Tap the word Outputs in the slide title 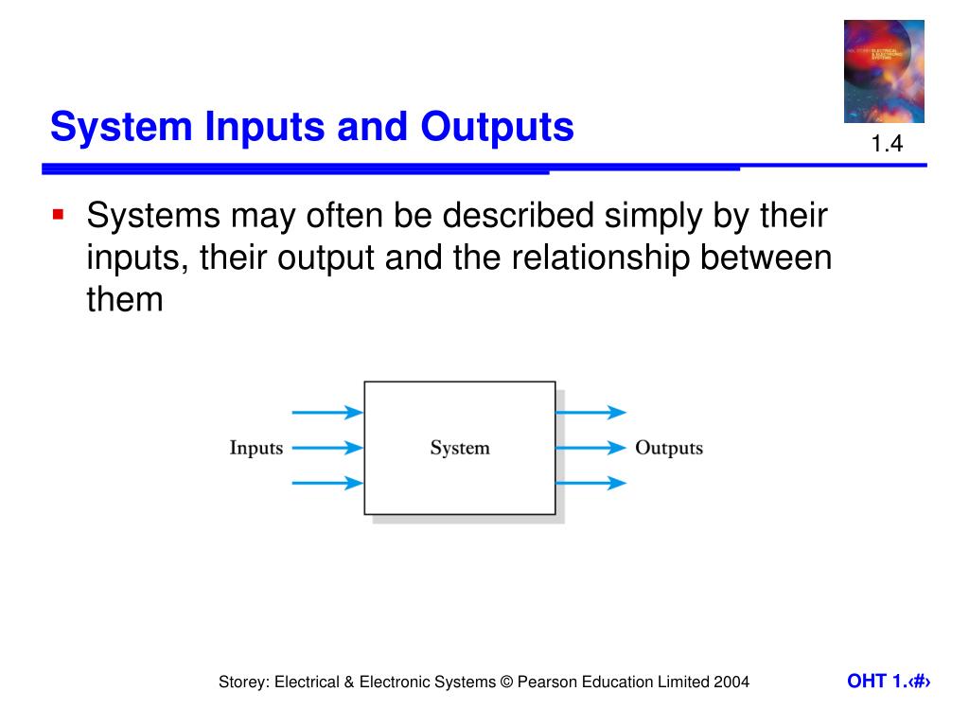pos(498,127)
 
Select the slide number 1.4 pos(888,145)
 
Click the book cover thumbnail pos(884,71)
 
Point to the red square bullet pos(58,215)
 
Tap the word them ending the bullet pos(125,300)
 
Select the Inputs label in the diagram pos(256,448)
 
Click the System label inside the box pos(460,448)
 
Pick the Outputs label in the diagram pos(669,448)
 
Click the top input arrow pos(327,413)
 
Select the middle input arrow pos(327,448)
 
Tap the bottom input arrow pos(327,483)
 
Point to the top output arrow pos(590,413)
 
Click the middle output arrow pos(590,448)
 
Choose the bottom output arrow pos(590,483)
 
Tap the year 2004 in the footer pos(731,682)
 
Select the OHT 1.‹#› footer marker pos(889,682)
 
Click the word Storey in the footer pos(242,682)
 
